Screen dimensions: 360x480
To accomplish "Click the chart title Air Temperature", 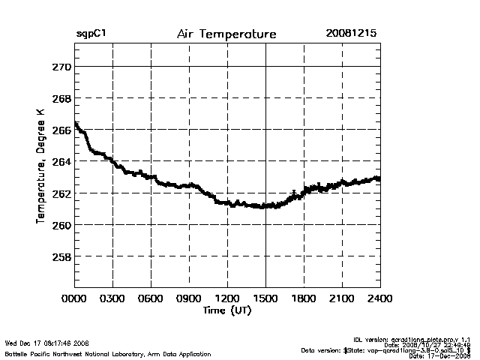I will [x=226, y=34].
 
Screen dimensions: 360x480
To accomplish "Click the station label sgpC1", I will [x=91, y=34].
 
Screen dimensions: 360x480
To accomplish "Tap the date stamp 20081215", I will [x=351, y=34].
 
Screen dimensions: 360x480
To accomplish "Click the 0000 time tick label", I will [x=74, y=298].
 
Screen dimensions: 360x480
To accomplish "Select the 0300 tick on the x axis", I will [x=112, y=298].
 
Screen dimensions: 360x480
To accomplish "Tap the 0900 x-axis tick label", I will [x=189, y=298].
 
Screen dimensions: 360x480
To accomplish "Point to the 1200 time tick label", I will [x=227, y=298].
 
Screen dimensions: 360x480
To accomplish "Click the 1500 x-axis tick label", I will [x=265, y=298].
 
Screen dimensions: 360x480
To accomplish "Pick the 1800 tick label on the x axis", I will [x=304, y=298].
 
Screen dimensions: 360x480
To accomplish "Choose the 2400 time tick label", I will [x=380, y=298].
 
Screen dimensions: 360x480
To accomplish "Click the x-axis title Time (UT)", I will [x=226, y=309].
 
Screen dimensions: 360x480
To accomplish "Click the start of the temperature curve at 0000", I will [x=76, y=124].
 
